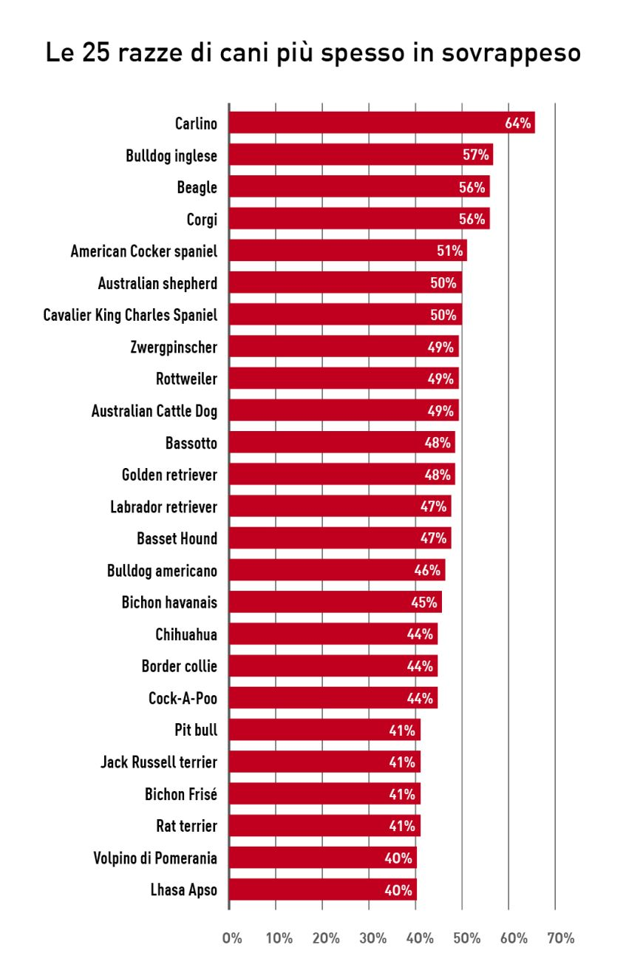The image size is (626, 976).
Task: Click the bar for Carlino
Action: point(370,123)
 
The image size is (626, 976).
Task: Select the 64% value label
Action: point(518,123)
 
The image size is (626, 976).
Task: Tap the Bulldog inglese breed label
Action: point(171,156)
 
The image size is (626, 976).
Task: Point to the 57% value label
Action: point(476,155)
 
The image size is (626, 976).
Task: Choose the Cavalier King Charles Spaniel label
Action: point(130,316)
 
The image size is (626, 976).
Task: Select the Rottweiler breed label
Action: point(186,379)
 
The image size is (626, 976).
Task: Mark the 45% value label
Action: point(424,603)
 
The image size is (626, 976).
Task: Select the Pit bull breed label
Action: point(196,731)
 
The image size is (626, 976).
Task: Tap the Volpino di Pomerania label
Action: point(155,858)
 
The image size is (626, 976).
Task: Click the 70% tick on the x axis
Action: point(560,938)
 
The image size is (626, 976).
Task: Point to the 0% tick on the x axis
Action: point(231,938)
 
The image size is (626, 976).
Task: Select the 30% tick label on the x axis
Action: point(372,938)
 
